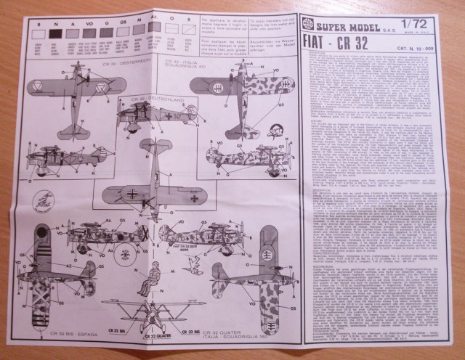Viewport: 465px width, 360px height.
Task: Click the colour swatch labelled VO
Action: [89, 33]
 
